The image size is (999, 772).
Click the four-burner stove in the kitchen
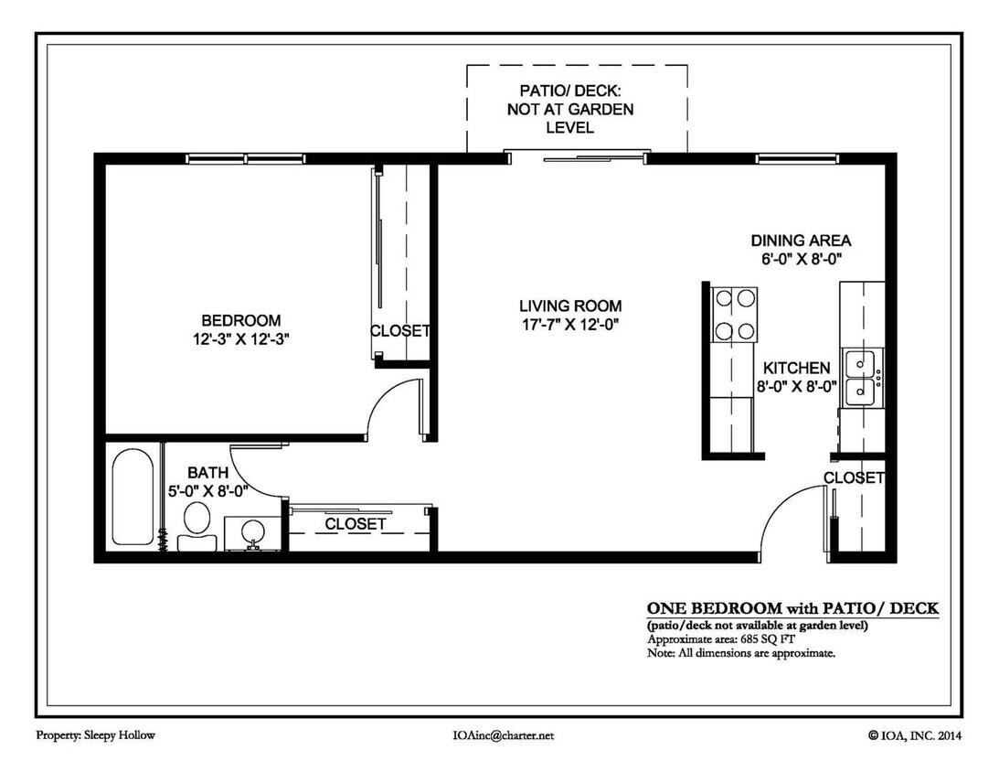[734, 315]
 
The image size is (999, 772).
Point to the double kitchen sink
[861, 378]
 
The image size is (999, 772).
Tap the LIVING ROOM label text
[570, 306]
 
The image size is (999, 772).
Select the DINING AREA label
[801, 241]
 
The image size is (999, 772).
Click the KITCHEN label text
[797, 368]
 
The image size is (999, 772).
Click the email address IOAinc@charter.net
[503, 734]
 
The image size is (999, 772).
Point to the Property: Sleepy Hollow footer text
[90, 734]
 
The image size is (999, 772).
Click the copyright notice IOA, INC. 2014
[914, 734]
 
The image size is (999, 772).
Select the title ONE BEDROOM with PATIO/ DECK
[792, 608]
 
